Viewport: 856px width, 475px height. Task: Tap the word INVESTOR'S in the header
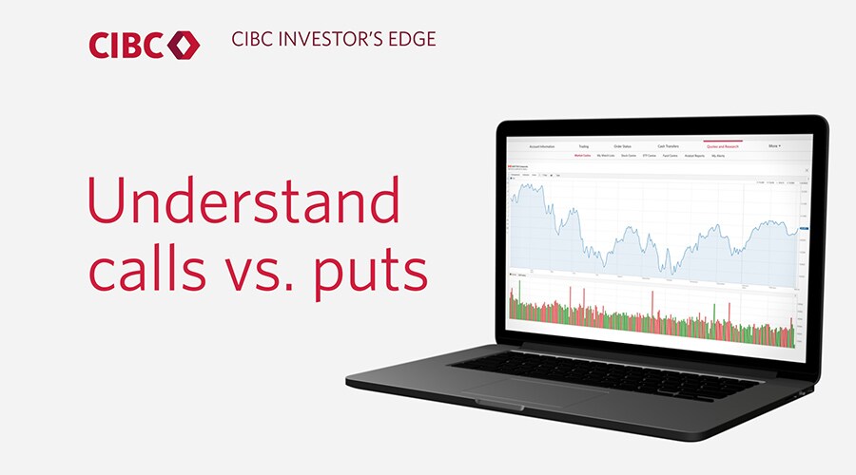pos(328,40)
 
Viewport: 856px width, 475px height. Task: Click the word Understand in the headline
pos(243,200)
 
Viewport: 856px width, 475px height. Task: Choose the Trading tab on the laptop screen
pos(583,146)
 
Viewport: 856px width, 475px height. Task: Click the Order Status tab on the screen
pos(623,146)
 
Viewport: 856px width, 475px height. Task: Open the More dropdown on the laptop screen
pos(774,146)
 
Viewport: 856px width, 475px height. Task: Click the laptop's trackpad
pos(519,392)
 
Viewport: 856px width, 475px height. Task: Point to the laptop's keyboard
pos(609,367)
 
